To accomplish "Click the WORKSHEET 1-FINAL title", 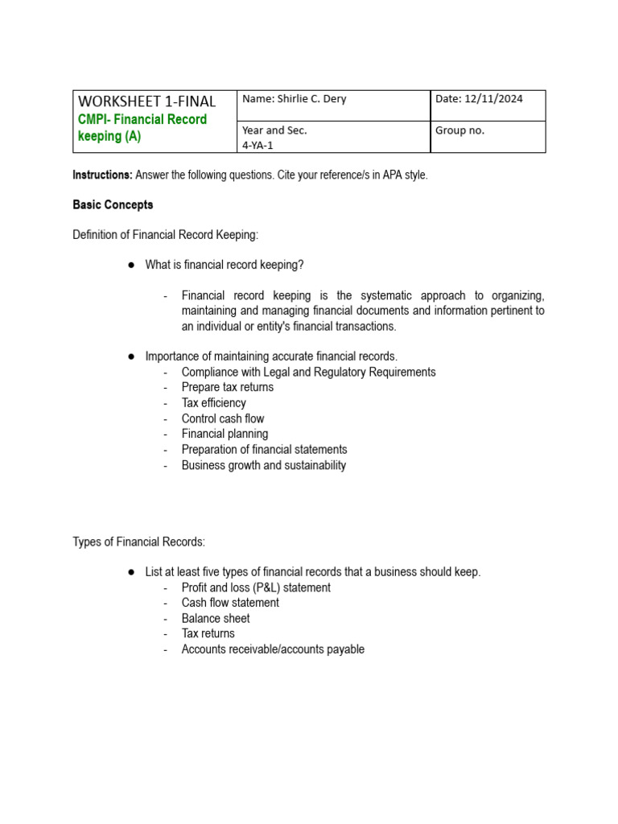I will (146, 101).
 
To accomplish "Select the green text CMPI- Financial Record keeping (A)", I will (142, 128).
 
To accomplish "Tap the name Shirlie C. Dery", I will (294, 99).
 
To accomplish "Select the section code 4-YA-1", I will (258, 145).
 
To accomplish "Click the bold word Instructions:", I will (102, 175).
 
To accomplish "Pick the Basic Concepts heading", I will (113, 205).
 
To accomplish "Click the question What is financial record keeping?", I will (225, 265).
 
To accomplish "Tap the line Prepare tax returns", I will (228, 387).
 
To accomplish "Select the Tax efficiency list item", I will (214, 402).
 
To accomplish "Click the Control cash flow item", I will (223, 418).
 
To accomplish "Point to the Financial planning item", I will (225, 434).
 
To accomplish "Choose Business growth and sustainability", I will (264, 465).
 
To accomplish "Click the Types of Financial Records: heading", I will (138, 542).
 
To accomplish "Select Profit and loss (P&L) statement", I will (256, 587).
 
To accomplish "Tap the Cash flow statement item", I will (230, 603).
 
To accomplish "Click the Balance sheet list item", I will (216, 618).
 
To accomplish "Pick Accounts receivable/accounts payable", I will (273, 649).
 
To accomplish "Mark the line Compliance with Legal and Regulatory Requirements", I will (308, 372).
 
